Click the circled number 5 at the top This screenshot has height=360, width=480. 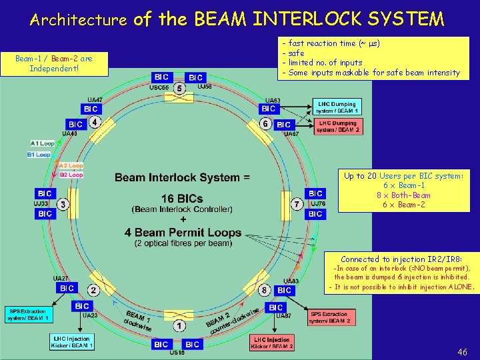tap(179, 88)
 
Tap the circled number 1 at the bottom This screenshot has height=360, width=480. tap(179, 326)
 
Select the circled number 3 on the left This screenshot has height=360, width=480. tap(63, 204)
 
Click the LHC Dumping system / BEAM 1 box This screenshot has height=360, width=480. tap(337, 107)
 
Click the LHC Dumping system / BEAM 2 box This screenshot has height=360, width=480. tap(338, 127)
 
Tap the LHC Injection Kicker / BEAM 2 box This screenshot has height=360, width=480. tap(272, 342)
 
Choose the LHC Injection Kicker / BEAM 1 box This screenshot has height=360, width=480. tap(73, 342)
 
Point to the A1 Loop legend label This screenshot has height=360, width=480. tap(43, 143)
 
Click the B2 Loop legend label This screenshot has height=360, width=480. tap(71, 175)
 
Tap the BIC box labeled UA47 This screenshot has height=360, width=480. tap(91, 109)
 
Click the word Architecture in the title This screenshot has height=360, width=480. tap(79, 20)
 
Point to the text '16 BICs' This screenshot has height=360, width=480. tap(182, 199)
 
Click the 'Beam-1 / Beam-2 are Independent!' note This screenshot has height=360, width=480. tap(54, 64)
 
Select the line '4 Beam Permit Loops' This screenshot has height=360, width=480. tap(182, 233)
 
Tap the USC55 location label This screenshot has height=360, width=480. tap(159, 87)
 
